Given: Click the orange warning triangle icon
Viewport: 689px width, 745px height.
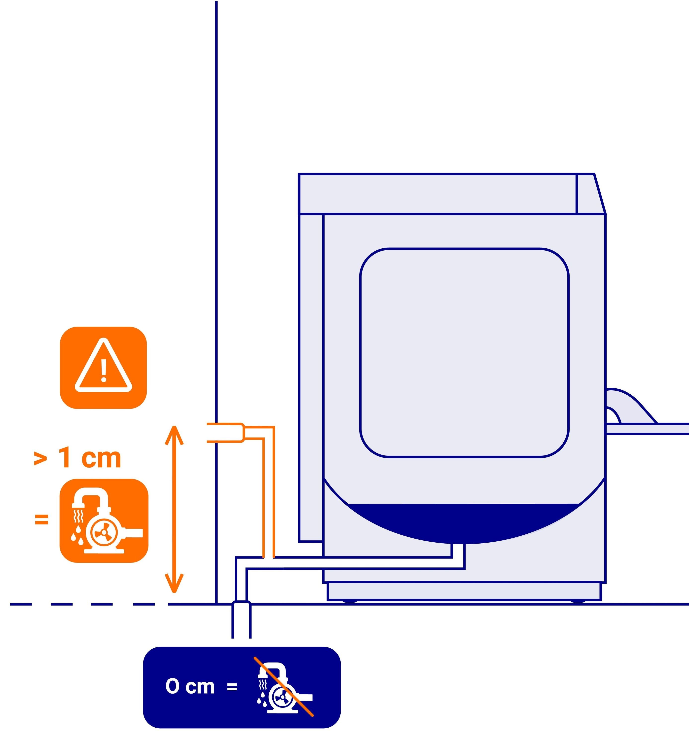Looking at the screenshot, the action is click(103, 368).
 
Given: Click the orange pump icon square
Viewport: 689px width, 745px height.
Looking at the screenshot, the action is click(104, 521).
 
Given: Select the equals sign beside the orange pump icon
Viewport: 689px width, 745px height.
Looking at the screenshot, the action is click(42, 519).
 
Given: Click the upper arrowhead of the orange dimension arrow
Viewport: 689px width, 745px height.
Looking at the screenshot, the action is click(174, 434).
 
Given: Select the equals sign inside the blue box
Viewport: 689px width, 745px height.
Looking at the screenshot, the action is click(232, 687).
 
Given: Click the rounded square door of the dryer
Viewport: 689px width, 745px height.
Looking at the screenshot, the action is click(464, 353).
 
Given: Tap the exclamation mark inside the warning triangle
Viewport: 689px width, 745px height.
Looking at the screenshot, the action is click(104, 370).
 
